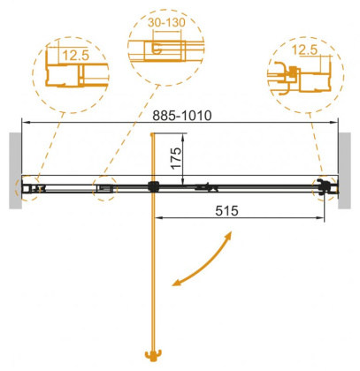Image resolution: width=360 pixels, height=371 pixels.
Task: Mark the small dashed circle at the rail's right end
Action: click(x=323, y=186)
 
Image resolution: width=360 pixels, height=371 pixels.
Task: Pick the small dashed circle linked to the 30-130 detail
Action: click(x=105, y=187)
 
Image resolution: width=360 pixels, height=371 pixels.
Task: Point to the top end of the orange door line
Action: click(x=154, y=134)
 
